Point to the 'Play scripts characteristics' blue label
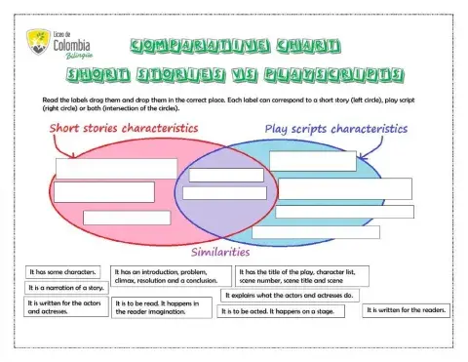tap(336, 128)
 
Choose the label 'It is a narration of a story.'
tap(65, 289)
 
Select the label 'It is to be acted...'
tap(278, 311)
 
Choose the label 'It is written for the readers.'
tap(407, 310)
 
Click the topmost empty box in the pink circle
tap(116, 168)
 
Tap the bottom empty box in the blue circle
tap(315, 232)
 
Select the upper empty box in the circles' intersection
tap(226, 176)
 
